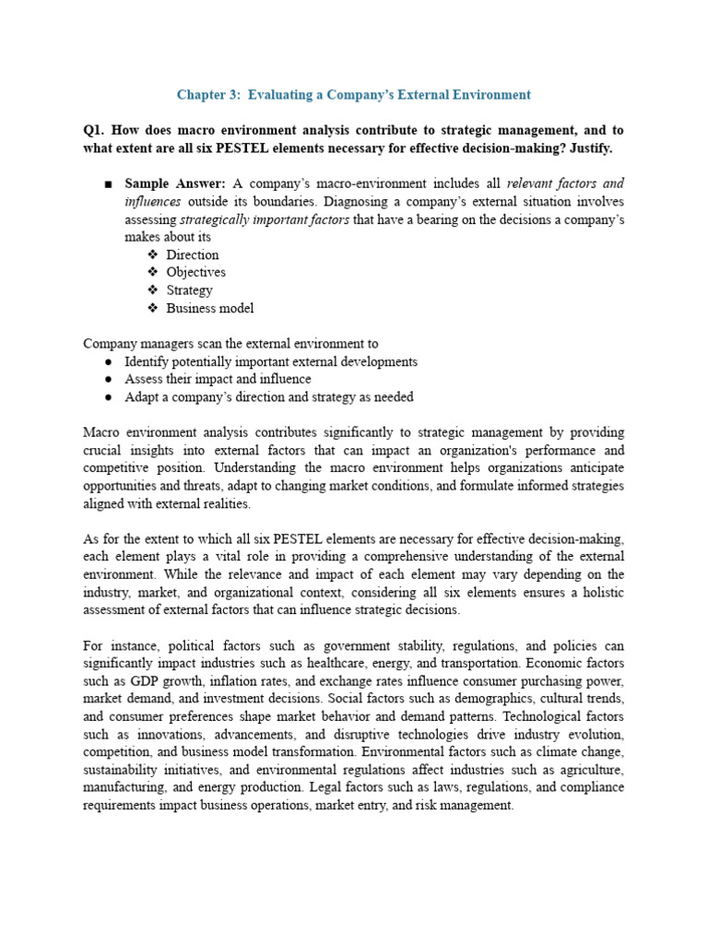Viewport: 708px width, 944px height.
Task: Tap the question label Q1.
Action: (x=96, y=130)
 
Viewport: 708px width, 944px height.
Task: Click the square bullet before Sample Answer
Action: (x=108, y=184)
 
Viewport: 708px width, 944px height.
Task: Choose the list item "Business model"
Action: (x=210, y=308)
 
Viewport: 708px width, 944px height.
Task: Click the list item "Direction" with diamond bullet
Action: (x=193, y=254)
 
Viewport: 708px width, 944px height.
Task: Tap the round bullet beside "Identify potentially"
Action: (x=108, y=362)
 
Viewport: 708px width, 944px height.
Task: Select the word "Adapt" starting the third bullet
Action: (x=142, y=397)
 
